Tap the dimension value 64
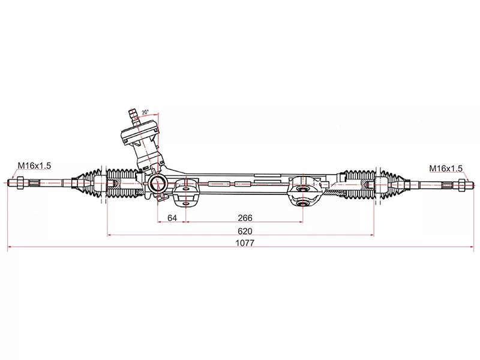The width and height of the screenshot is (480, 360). pyautogui.click(x=172, y=218)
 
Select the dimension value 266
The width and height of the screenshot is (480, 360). pyautogui.click(x=244, y=218)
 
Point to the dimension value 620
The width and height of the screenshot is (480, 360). pyautogui.click(x=244, y=231)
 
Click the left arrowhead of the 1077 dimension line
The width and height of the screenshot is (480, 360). pyautogui.click(x=9, y=247)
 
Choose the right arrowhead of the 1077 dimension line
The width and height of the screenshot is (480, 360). pyautogui.click(x=469, y=247)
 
